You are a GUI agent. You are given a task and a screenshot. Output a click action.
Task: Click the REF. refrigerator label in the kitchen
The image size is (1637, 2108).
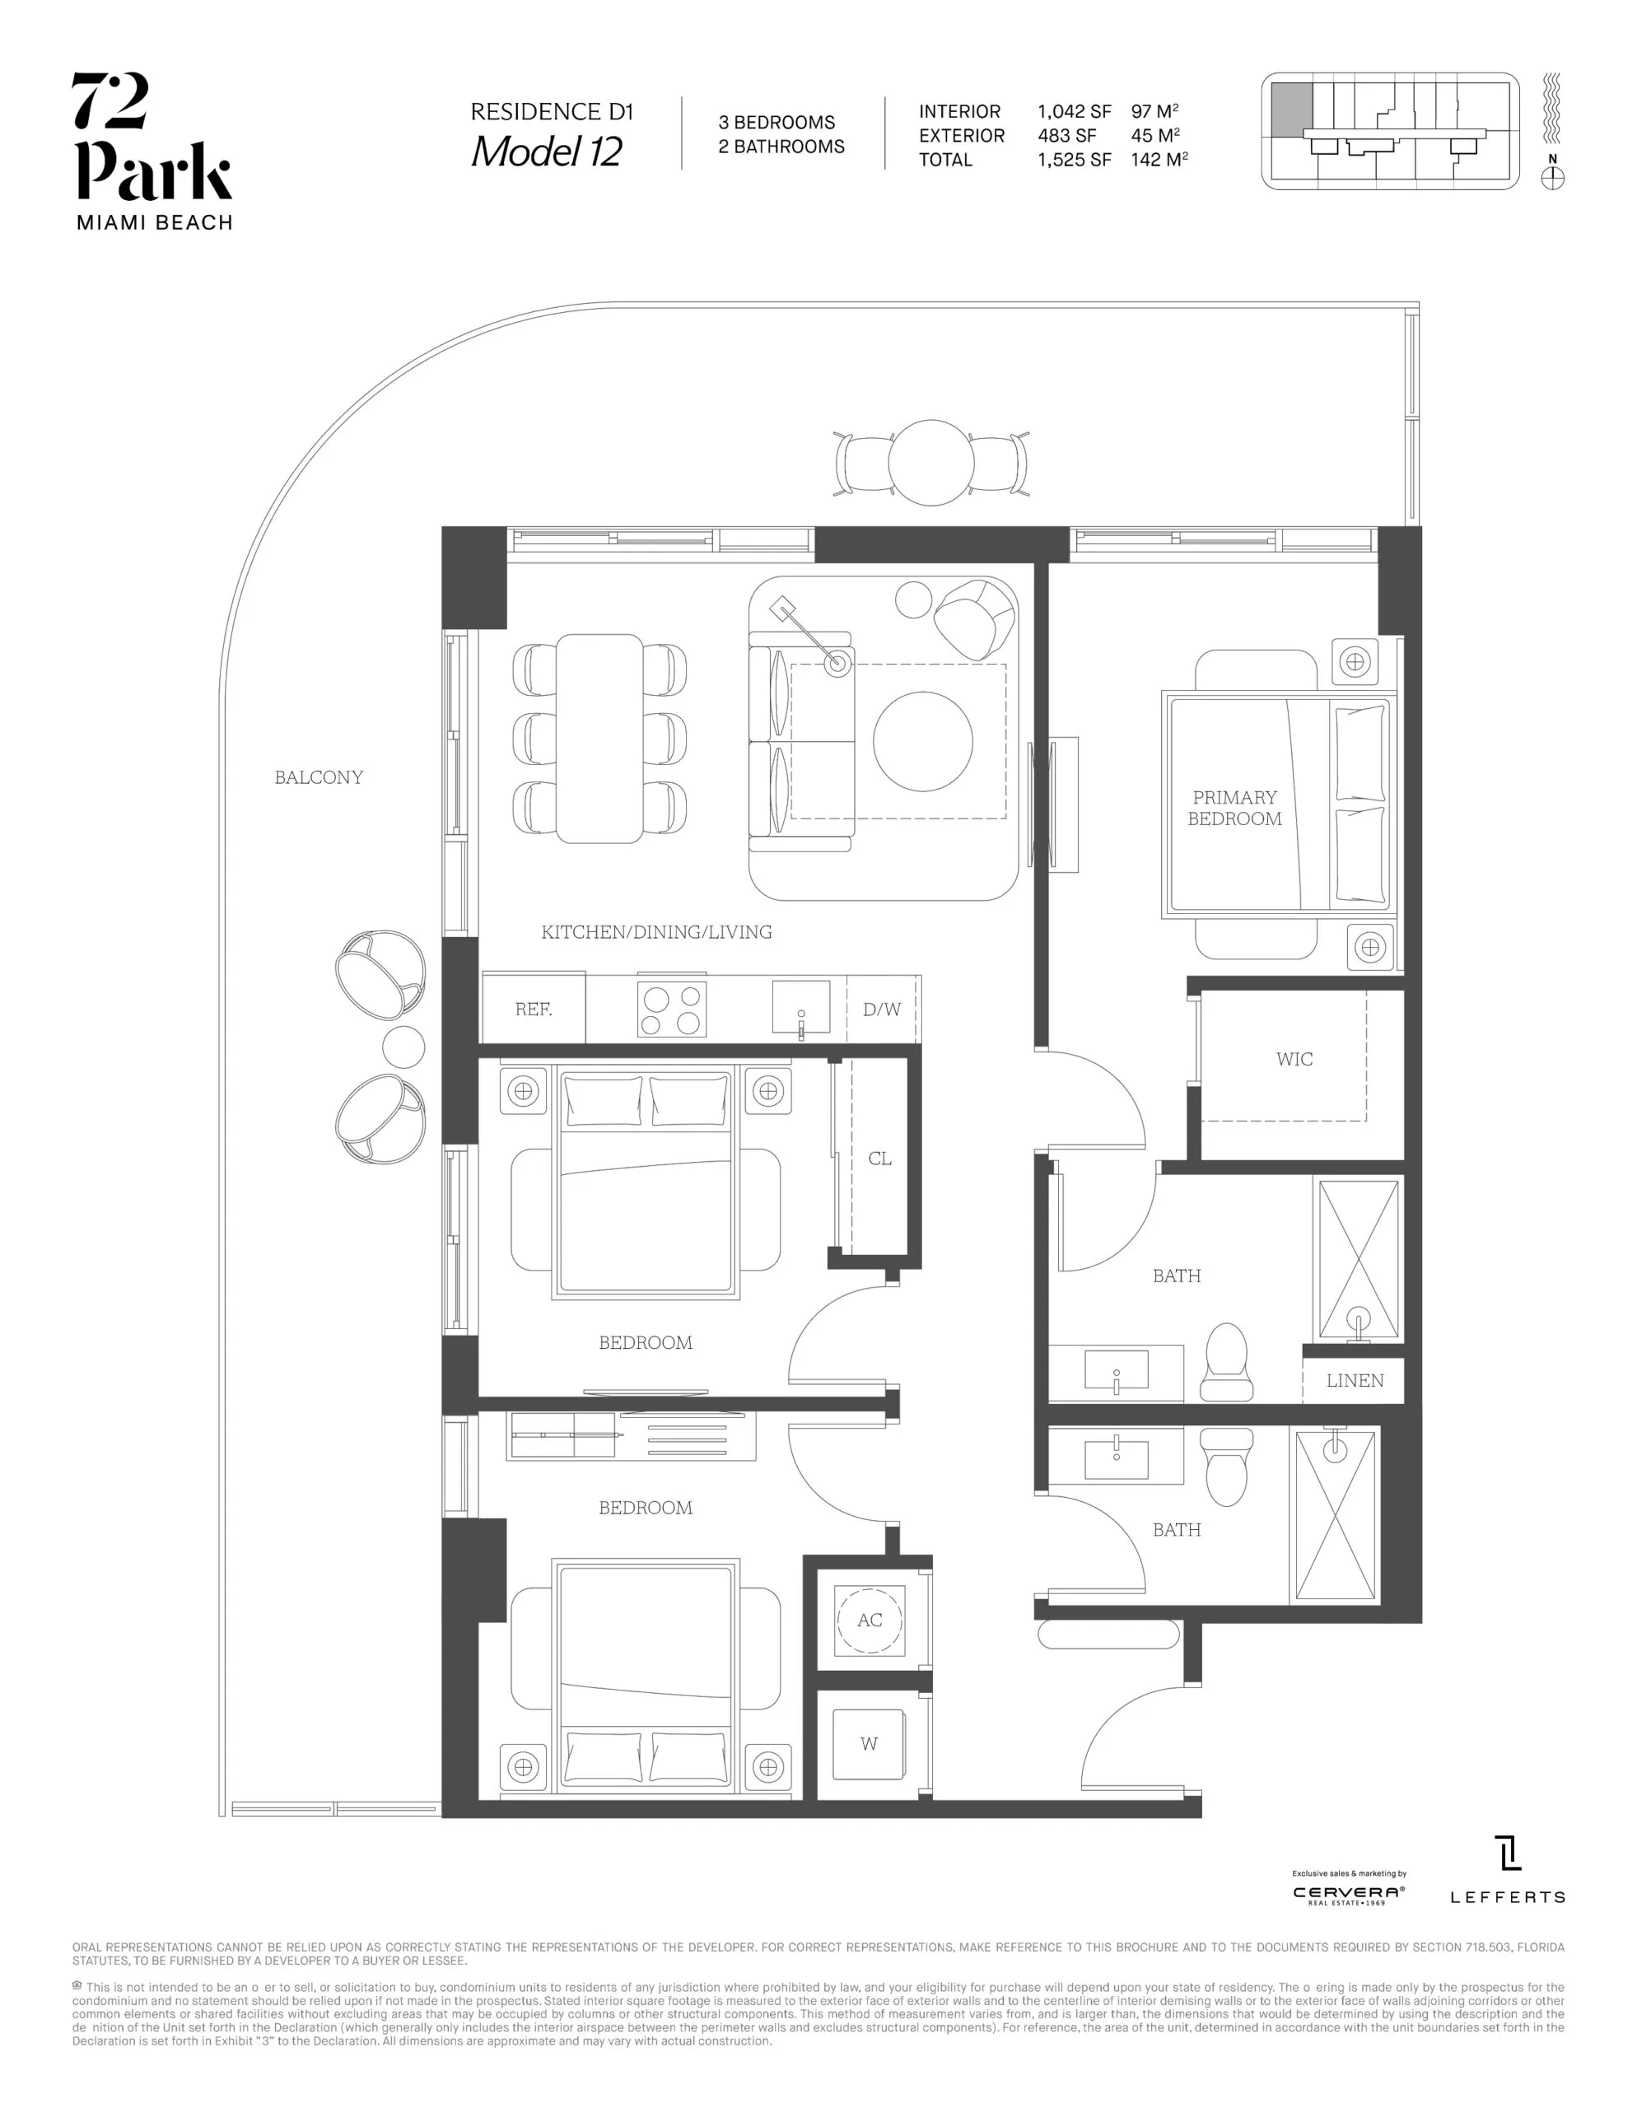point(533,1010)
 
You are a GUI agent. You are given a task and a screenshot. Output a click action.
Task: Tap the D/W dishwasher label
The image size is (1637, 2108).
point(881,1010)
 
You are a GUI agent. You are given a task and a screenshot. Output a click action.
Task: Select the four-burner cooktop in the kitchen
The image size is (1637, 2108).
point(672,1010)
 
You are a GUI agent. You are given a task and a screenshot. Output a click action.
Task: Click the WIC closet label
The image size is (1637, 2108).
point(1294,1059)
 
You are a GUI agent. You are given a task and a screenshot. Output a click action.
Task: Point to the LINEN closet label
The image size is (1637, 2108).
point(1355,1380)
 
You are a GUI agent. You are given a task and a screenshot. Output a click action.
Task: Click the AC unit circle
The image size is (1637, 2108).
point(870,1620)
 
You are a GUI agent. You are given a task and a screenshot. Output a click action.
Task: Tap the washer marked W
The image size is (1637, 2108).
point(869,1744)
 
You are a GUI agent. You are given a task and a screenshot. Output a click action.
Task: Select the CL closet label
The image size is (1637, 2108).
point(879,1159)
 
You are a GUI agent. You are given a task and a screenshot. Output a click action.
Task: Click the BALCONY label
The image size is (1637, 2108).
point(319,777)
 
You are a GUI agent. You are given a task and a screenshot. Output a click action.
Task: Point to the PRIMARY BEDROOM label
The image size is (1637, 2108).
point(1234,808)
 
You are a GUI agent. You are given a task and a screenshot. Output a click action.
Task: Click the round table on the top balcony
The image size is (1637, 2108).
point(931,462)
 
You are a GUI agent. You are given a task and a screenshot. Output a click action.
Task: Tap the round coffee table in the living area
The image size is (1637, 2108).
point(923,741)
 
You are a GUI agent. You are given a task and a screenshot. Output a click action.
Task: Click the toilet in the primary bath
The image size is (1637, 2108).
point(1226,1363)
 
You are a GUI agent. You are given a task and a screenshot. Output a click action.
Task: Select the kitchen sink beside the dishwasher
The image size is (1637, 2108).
point(801,1008)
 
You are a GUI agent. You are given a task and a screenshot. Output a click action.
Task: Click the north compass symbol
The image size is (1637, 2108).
point(1552,178)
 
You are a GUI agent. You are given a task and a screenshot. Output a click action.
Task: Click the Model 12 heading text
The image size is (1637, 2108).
point(546,152)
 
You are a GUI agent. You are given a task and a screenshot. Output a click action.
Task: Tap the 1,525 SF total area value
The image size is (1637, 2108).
point(1075,161)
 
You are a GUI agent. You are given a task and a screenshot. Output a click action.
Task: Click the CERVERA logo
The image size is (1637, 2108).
point(1349,1894)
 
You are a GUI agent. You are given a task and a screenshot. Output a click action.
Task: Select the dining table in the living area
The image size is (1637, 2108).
point(599,739)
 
